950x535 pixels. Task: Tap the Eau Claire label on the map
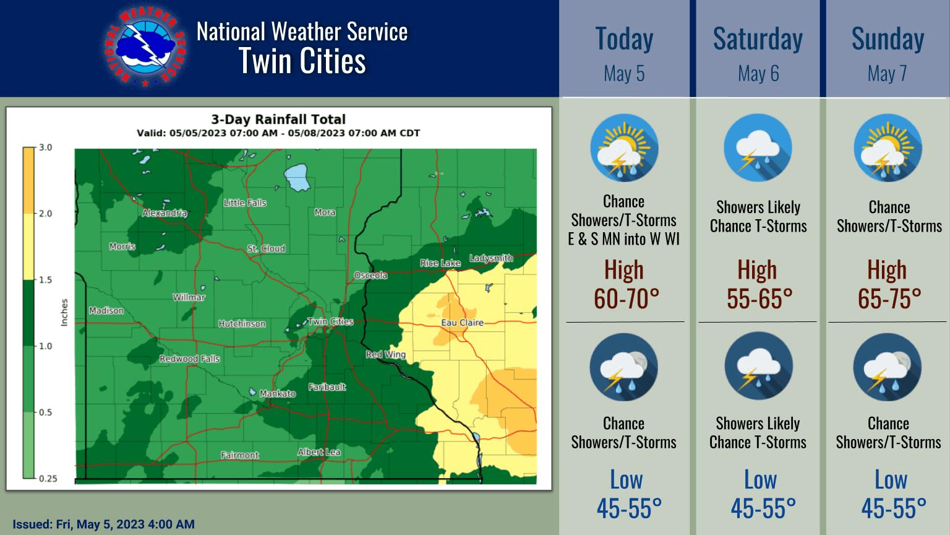tap(462, 323)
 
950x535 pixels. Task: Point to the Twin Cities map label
tap(330, 321)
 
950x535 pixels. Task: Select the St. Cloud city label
tap(266, 248)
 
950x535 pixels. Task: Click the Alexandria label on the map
tap(165, 213)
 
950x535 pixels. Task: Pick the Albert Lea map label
tap(319, 452)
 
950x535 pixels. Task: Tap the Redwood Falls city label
tap(189, 359)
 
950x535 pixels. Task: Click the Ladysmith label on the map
tap(491, 258)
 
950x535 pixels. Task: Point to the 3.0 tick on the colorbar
tap(46, 147)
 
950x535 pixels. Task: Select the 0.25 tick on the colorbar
tap(48, 478)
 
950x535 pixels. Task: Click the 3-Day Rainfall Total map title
tap(278, 119)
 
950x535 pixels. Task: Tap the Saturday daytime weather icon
tap(758, 149)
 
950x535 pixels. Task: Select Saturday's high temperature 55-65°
tap(760, 298)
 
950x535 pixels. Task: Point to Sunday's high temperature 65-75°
tap(889, 298)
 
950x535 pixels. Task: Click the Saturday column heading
tap(758, 38)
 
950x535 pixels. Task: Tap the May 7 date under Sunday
tap(887, 74)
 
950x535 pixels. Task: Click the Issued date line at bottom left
tap(103, 524)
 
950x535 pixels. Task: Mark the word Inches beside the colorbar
tap(64, 313)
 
